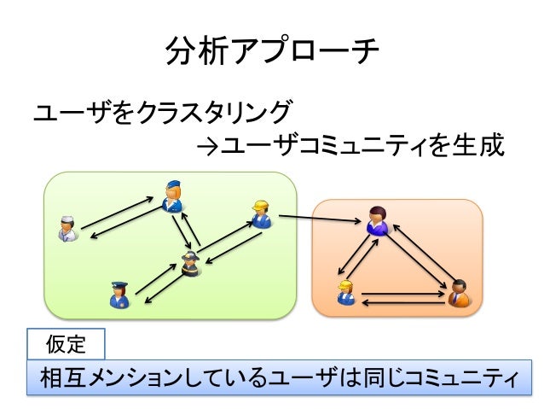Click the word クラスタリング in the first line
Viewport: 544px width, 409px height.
[214, 112]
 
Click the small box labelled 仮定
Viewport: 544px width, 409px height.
[66, 345]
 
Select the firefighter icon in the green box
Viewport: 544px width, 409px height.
[190, 265]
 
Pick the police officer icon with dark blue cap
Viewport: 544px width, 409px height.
[119, 295]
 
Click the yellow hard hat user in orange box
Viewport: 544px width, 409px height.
[346, 291]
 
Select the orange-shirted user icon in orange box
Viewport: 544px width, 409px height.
[458, 293]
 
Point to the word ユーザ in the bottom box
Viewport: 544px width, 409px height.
[299, 377]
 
